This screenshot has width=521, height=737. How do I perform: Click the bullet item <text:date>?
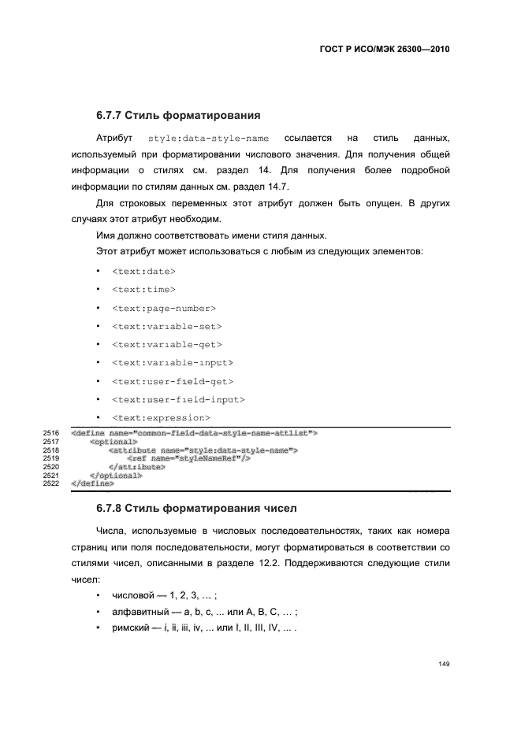(x=143, y=272)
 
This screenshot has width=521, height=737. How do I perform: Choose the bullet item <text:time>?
(x=143, y=290)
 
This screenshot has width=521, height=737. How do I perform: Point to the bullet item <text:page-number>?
(x=164, y=308)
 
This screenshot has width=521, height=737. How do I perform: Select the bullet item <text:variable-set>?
(x=166, y=326)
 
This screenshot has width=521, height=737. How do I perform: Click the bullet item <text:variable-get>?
(x=166, y=344)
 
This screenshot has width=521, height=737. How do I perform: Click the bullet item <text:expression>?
(x=161, y=417)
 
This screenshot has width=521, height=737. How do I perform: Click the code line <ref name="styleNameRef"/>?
(x=188, y=458)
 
